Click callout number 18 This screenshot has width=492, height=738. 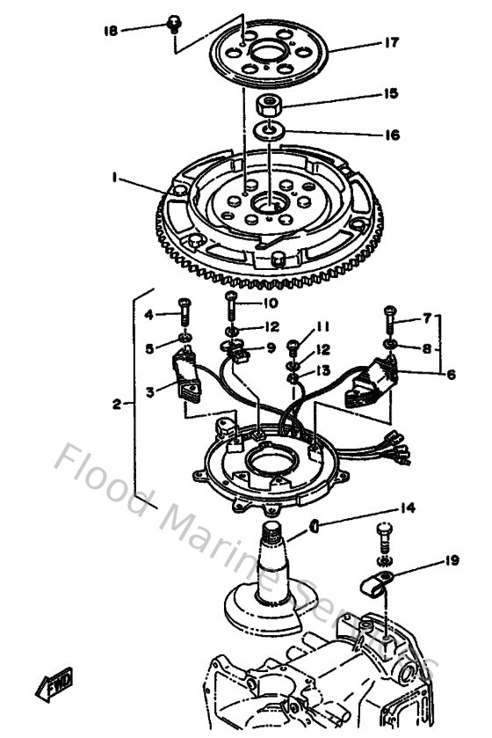[110, 31]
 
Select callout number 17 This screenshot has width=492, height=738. [391, 41]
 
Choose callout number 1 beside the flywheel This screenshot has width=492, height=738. [115, 177]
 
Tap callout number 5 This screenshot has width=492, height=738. [149, 347]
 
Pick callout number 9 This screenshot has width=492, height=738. [271, 347]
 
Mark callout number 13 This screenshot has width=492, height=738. [324, 371]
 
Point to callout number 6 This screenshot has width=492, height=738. [450, 374]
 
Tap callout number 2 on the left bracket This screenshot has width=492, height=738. [118, 405]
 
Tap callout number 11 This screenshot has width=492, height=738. [322, 325]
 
